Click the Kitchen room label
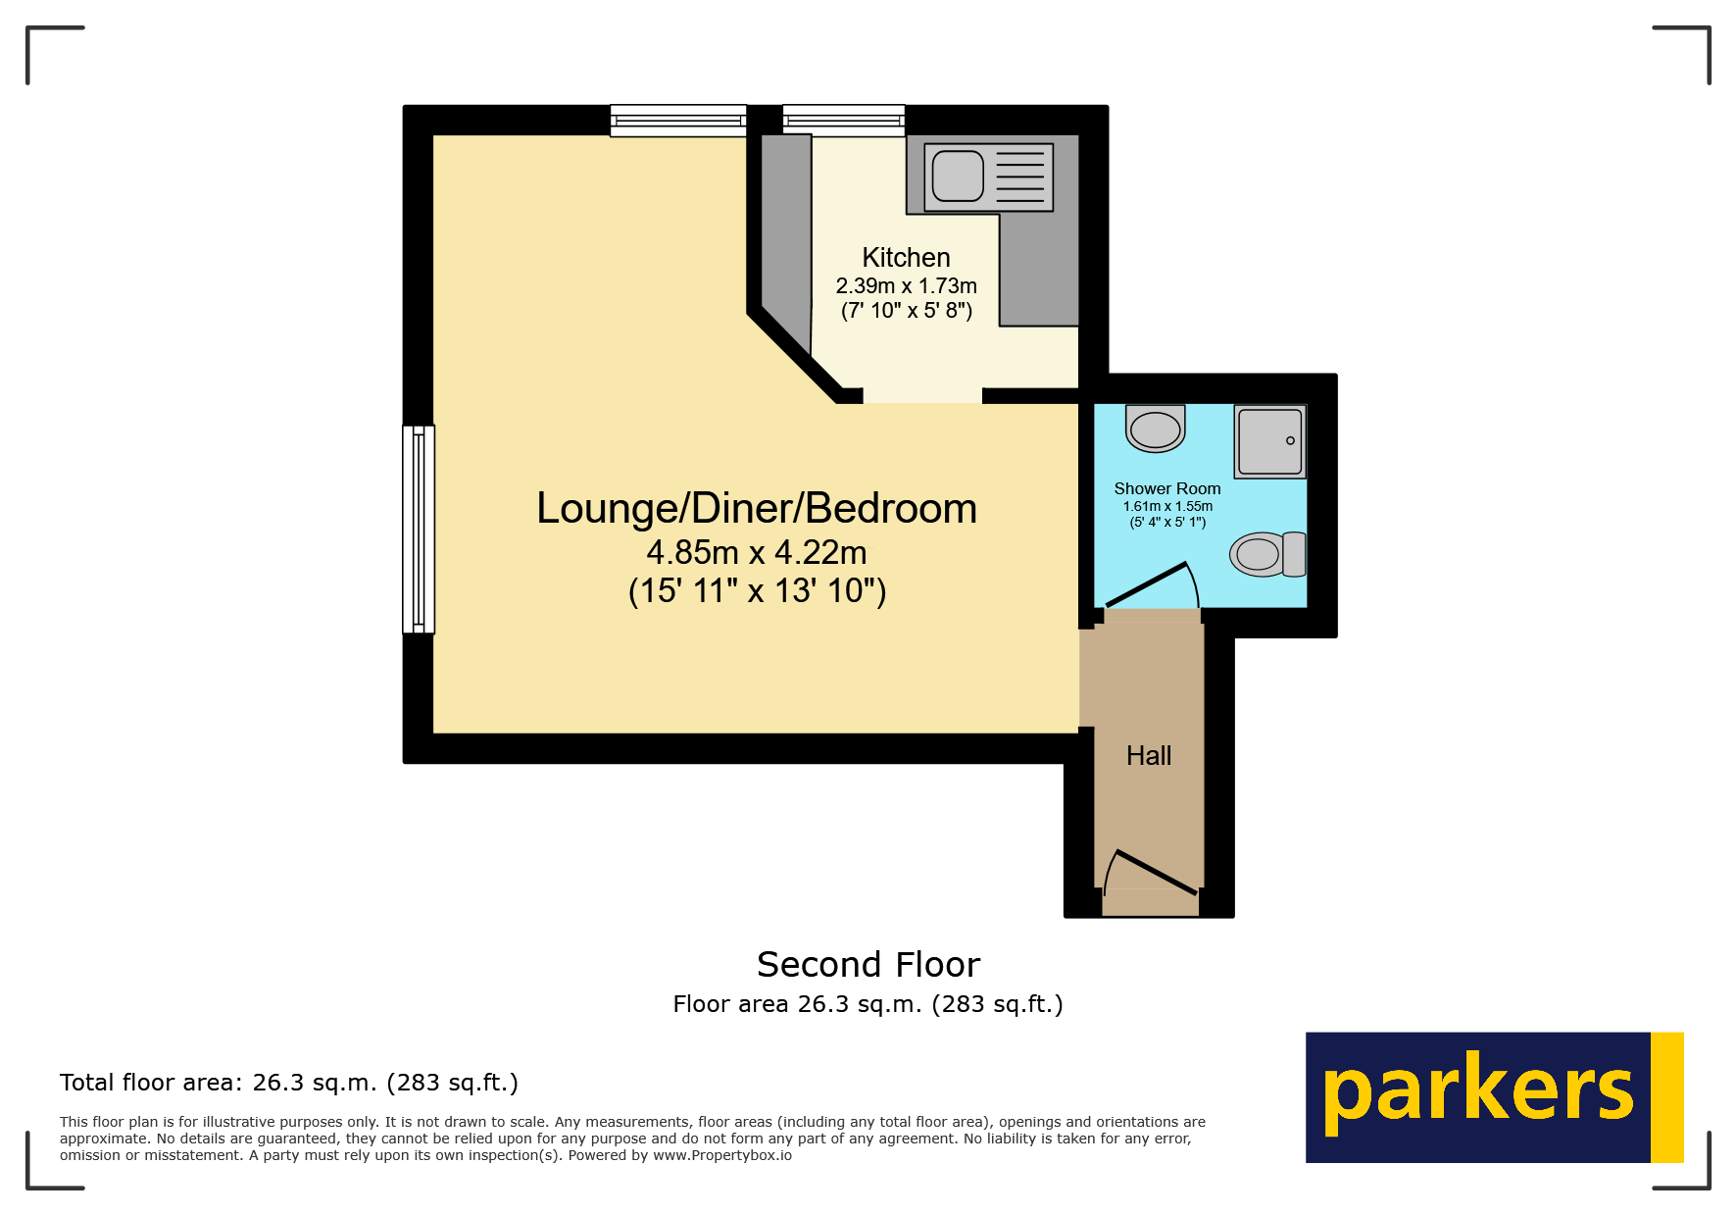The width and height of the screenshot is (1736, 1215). point(906,257)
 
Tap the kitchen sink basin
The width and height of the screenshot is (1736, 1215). point(958,176)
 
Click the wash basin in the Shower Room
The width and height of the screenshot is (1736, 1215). point(1156,429)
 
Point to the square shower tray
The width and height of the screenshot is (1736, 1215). point(1270,441)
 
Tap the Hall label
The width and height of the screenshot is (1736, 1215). point(1149,755)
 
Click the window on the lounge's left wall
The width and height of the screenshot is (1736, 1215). point(419,529)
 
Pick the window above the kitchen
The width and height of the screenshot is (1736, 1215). point(844,120)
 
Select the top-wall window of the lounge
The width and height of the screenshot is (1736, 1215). point(678,120)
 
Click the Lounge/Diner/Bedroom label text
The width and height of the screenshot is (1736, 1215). point(757,508)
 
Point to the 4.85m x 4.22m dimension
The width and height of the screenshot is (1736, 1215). point(757,553)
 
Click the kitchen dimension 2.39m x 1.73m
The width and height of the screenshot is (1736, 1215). point(906,285)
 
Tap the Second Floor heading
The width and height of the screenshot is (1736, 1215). point(868,965)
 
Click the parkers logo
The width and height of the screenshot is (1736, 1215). point(1493,1096)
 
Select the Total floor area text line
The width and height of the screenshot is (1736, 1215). point(288,1083)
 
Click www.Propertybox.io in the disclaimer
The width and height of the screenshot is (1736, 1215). point(722,1155)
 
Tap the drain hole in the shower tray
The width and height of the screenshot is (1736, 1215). point(1290,440)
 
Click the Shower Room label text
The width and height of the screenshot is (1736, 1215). point(1167,488)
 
